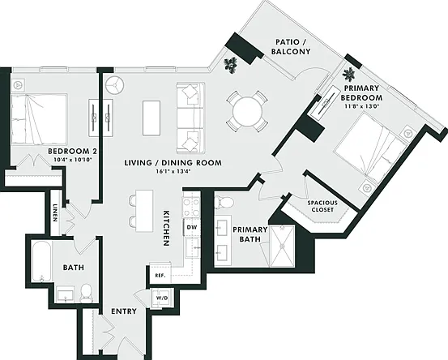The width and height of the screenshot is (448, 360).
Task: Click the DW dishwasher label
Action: point(192,227)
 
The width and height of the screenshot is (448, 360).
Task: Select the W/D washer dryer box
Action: point(161,298)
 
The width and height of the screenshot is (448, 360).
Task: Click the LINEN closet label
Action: point(54,212)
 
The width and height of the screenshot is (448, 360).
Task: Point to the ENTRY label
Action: point(124,311)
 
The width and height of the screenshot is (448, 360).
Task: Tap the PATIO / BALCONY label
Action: point(291,47)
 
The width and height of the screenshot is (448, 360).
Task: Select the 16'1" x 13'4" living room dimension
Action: point(173,172)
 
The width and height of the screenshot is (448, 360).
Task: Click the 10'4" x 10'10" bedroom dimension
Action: point(73,160)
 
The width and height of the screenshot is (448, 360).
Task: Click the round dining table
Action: point(247,111)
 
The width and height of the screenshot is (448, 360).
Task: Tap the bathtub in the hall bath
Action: point(41,262)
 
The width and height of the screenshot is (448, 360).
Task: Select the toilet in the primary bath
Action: point(224,203)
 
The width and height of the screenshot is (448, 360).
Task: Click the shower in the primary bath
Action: point(282,246)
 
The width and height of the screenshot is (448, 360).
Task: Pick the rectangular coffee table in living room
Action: point(151,118)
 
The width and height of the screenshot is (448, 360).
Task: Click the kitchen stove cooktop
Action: point(191,207)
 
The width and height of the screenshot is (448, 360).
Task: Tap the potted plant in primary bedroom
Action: point(349,75)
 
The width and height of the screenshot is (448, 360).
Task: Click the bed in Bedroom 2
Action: point(39,119)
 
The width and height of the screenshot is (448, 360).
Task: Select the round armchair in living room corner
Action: point(114,85)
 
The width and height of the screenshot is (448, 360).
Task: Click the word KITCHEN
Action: point(166,228)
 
